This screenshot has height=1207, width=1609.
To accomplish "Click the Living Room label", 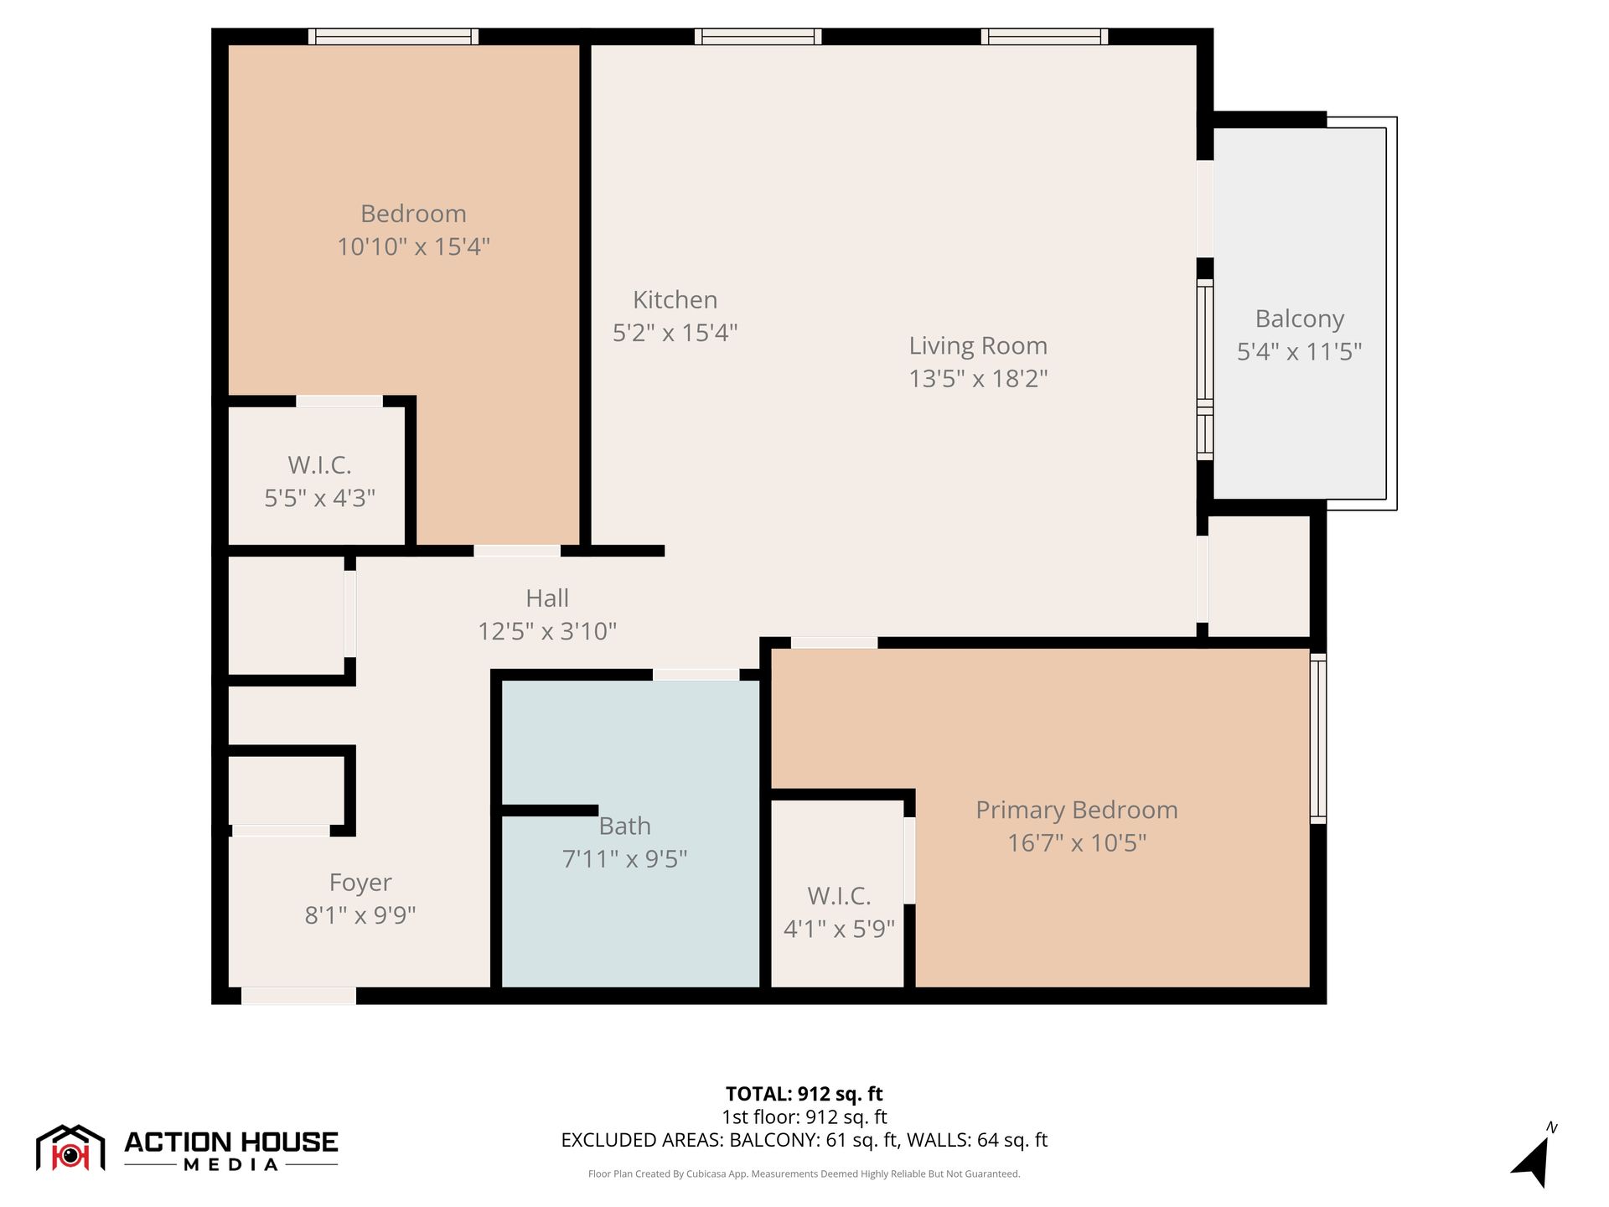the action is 978,345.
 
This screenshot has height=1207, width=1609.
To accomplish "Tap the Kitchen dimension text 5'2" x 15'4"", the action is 675,333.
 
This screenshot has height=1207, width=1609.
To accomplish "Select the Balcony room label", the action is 1300,319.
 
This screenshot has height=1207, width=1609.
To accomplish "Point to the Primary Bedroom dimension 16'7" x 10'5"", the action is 1077,842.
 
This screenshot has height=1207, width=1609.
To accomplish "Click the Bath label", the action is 625,826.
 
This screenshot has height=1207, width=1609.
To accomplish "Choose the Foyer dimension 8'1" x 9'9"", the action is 360,914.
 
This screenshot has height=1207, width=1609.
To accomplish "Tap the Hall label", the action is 547,598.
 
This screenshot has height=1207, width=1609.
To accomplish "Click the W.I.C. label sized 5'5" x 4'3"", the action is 320,464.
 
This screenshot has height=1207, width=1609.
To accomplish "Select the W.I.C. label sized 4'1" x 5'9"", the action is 839,896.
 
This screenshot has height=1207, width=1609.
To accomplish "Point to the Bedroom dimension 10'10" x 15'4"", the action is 413,246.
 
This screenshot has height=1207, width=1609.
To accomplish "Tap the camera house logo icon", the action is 70,1148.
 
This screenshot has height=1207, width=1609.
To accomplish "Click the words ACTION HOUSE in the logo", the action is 231,1142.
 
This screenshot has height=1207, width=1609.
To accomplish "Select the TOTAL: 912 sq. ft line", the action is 804,1094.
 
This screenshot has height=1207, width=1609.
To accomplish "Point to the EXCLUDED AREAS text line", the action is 804,1140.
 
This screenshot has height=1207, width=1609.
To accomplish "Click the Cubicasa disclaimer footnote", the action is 804,1173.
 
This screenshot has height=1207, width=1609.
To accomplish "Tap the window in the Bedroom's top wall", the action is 393,36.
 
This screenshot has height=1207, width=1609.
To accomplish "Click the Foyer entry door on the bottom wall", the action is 299,996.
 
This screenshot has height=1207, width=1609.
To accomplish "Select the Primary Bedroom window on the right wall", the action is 1318,738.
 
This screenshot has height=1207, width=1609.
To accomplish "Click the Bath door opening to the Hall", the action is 696,675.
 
